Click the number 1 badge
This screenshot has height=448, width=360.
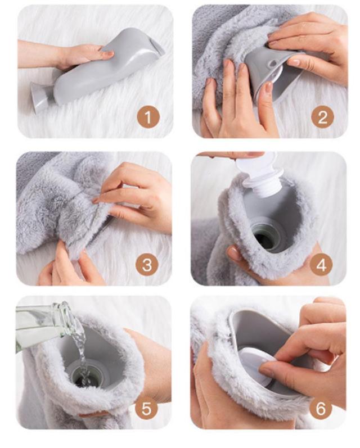[x=148, y=117]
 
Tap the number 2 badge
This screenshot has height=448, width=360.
[x=322, y=117]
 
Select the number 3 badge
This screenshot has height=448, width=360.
[x=147, y=265]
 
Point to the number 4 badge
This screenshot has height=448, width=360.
[x=321, y=265]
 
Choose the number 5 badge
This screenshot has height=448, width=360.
[x=146, y=409]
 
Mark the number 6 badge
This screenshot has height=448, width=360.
[x=320, y=409]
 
